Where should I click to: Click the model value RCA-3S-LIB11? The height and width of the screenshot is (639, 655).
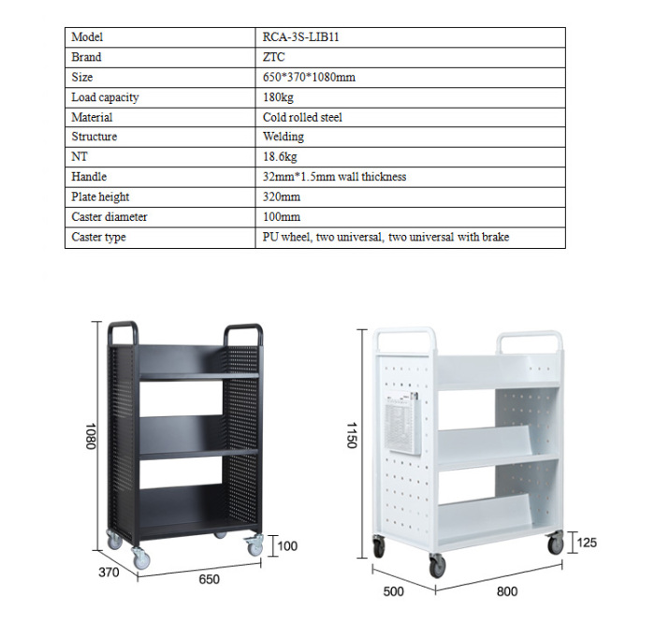pos(300,37)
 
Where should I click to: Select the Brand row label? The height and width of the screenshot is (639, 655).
pos(86,57)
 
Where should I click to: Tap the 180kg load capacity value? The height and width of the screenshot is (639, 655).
pos(278,97)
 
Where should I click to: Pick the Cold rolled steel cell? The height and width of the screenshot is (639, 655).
pos(302,117)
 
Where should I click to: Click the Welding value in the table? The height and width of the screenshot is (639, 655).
pos(284,137)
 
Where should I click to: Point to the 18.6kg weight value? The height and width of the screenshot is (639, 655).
pos(280,157)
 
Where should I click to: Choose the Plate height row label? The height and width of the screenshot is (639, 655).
pos(100,196)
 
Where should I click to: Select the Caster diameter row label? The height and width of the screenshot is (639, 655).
pos(109,217)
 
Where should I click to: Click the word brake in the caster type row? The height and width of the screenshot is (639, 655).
pos(495,237)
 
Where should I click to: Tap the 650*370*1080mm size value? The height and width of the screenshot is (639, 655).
pos(309,78)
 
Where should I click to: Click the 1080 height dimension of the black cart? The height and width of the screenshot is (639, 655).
pos(91,436)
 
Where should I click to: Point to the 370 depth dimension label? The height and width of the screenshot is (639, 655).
pos(109,573)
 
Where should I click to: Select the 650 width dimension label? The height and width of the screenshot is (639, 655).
pos(209,579)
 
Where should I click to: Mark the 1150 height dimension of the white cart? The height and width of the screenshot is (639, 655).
pos(352,435)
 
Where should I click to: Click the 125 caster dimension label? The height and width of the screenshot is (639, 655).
pos(587,543)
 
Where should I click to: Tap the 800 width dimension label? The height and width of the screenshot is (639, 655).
pos(507,591)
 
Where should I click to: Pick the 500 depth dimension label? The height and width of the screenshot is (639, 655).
pos(394,591)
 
